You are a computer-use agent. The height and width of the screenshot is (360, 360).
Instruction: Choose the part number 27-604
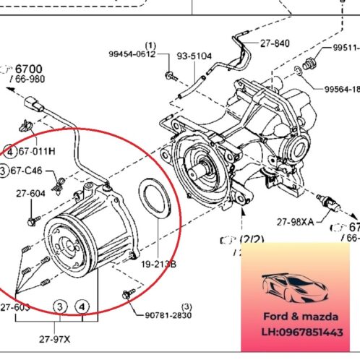click(x=30, y=193)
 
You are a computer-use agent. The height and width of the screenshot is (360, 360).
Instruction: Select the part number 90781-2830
click(x=169, y=314)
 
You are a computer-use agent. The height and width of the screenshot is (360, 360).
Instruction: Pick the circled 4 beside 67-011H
click(x=9, y=151)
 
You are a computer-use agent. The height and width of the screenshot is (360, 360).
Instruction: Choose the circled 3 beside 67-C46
click(x=5, y=170)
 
